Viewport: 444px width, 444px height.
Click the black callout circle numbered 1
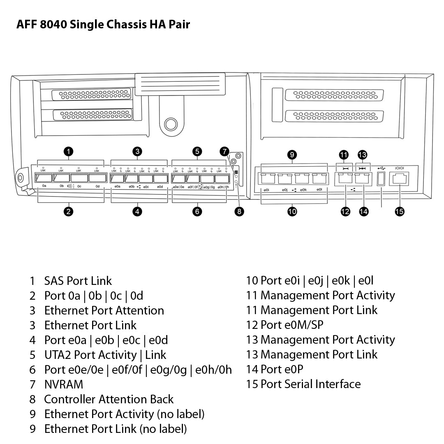pos(69,152)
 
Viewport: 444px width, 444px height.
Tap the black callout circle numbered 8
pos(239,212)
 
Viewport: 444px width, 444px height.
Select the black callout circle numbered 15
pos(399,212)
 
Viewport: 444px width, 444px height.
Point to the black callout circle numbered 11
pos(344,155)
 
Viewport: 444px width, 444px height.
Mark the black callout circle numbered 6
pos(197,212)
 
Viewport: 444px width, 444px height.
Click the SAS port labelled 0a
pos(44,178)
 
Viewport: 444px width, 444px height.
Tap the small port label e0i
pos(266,190)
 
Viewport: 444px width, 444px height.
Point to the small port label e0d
pos(160,187)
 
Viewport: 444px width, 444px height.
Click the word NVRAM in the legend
pos(64,384)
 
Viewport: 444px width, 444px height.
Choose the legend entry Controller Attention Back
pos(109,399)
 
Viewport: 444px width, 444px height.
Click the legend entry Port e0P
pos(282,369)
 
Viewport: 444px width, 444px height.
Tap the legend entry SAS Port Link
pos(78,281)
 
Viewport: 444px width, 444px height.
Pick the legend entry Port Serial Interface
pos(310,384)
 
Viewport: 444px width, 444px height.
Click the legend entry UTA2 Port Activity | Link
pos(105,355)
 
